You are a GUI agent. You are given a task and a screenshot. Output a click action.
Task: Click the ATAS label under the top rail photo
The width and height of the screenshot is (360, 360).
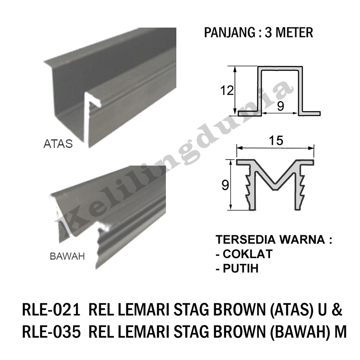(58, 144)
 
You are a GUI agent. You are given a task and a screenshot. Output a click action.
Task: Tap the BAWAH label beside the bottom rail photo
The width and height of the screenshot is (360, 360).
(67, 256)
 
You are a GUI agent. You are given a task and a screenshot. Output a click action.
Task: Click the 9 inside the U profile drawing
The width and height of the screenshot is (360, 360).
(280, 107)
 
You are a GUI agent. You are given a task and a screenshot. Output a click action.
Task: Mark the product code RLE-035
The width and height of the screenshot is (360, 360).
(49, 332)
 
